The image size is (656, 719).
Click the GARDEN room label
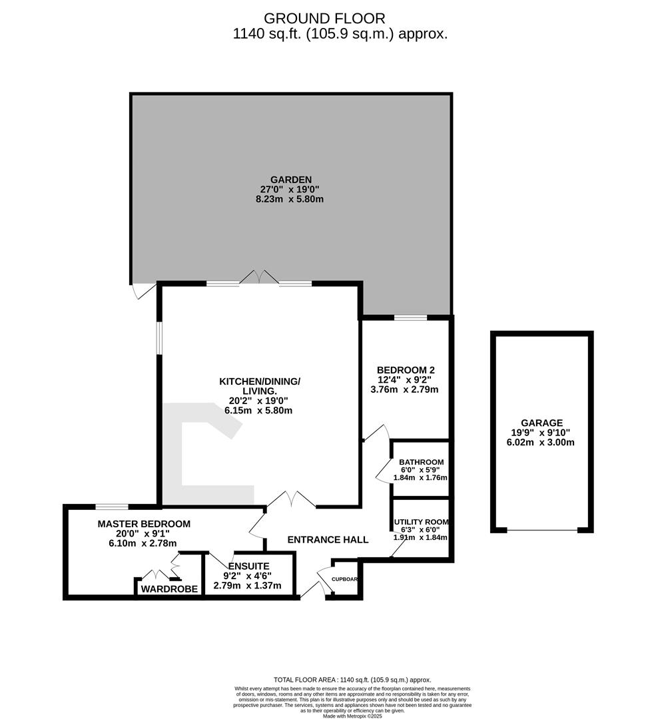pos(291,179)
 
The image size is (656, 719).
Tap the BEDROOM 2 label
pos(406,369)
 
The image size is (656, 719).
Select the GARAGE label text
pos(541,423)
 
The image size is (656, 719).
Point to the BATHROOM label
pos(421,462)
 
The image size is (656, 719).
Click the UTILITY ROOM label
pos(421,522)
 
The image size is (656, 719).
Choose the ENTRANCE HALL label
pos(328,539)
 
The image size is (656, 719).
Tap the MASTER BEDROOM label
pos(144,524)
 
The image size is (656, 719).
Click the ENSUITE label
pos(247,566)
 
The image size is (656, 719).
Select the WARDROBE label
pos(169,589)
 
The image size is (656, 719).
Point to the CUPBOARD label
pos(345,579)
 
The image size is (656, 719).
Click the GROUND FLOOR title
pos(324,18)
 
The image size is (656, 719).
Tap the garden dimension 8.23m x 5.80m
pos(291,199)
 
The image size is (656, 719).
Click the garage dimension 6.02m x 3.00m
pos(541,443)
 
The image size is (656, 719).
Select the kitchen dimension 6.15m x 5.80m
pos(260,411)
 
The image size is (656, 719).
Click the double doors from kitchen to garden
pos(259,278)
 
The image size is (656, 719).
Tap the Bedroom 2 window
pos(410,318)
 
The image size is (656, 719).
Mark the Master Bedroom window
pos(112,507)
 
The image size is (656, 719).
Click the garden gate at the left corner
pos(143,291)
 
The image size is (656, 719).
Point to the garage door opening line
pos(541,530)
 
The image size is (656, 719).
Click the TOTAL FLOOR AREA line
pos(352,679)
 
